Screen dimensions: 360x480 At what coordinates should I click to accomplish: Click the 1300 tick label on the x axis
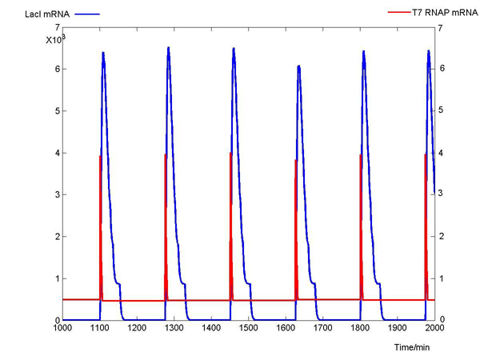pyautogui.click(x=174, y=329)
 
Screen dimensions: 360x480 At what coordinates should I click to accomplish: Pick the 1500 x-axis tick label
pyautogui.click(x=249, y=329)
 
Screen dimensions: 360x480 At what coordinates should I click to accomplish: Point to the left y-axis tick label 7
pyautogui.click(x=57, y=27)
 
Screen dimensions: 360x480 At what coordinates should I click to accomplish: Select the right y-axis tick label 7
pyautogui.click(x=440, y=27)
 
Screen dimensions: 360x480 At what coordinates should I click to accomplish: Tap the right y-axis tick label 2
pyautogui.click(x=440, y=236)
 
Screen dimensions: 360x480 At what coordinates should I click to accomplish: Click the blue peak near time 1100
pyautogui.click(x=103, y=53)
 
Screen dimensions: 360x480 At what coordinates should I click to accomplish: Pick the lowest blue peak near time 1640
pyautogui.click(x=298, y=66)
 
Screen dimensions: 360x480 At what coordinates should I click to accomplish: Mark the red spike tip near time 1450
pyautogui.click(x=230, y=153)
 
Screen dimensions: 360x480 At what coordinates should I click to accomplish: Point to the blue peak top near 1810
pyautogui.click(x=364, y=51)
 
